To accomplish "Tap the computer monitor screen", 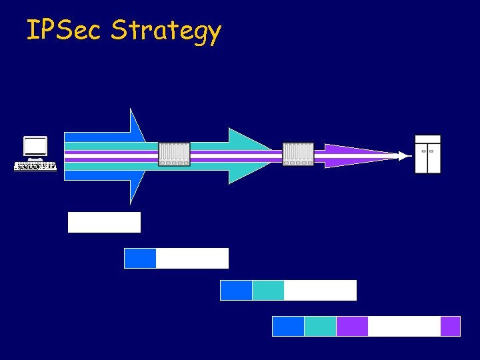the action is click(35, 146).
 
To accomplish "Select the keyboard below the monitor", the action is click(35, 165).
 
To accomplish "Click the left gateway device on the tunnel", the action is click(174, 154).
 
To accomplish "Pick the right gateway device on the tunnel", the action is click(298, 154).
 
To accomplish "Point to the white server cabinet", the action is click(427, 154).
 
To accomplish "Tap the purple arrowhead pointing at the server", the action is click(373, 155).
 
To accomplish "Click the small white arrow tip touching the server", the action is click(404, 156).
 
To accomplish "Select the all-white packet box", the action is click(104, 222).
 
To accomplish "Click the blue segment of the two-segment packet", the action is click(140, 258).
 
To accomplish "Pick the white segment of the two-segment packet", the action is click(192, 258).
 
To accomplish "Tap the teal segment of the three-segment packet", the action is click(268, 290).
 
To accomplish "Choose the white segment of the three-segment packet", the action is click(320, 290).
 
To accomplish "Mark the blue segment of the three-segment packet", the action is click(236, 290).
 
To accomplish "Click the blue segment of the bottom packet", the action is click(288, 326).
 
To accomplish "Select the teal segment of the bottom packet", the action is click(320, 326).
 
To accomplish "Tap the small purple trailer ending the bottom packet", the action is click(450, 326).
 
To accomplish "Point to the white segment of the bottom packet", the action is click(404, 326).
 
